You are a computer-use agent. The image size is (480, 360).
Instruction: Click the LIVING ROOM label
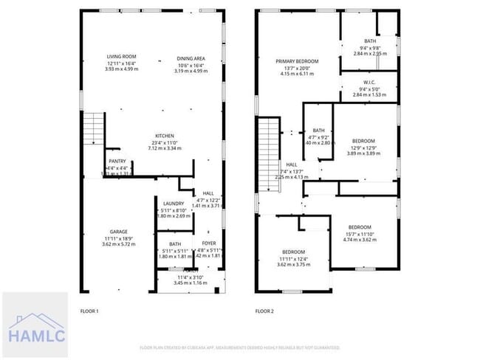[122, 56]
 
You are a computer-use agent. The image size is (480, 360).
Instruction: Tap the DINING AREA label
[191, 58]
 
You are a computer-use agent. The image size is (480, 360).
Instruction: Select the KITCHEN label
[164, 136]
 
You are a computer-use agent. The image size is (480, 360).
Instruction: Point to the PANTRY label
[117, 161]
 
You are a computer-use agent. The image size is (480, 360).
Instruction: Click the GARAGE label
[109, 232]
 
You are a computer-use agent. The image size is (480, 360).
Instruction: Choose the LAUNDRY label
[174, 204]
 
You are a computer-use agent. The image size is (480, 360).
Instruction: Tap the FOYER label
[209, 243]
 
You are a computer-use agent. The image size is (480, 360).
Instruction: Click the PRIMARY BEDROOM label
[297, 61]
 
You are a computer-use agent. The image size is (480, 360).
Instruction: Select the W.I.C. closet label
[370, 82]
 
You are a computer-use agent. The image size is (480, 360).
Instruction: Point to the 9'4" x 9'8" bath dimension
[369, 48]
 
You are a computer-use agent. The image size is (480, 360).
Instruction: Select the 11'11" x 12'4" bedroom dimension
[295, 259]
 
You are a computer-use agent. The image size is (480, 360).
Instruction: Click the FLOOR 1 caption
[89, 312]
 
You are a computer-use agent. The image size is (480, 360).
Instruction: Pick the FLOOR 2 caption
[264, 312]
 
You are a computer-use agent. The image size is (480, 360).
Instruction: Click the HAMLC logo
[37, 326]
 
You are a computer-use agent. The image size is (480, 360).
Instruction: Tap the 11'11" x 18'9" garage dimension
[109, 238]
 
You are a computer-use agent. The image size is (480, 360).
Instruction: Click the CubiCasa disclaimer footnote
[240, 347]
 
